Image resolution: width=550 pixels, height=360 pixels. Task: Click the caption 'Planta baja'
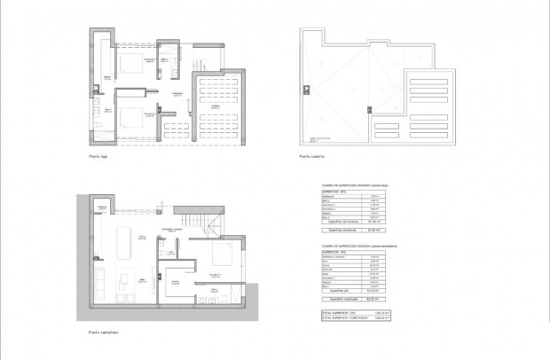tap(98, 157)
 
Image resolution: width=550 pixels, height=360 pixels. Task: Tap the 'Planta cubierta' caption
tap(312, 157)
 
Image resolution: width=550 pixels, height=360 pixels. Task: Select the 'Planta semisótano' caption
tap(104, 333)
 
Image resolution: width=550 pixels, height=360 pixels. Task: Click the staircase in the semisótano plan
tap(194, 220)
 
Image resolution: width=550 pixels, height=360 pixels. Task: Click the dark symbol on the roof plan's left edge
tap(305, 89)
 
